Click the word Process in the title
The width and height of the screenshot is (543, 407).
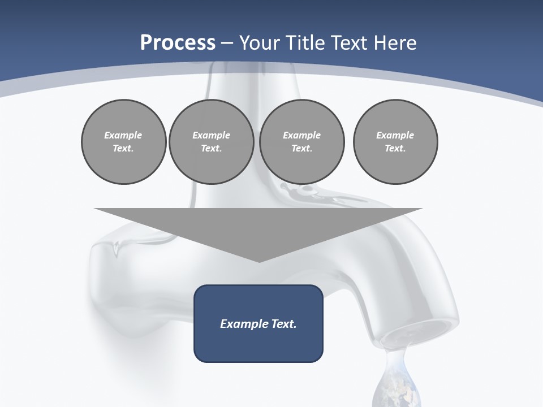178,42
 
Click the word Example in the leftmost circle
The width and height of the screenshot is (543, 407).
123,135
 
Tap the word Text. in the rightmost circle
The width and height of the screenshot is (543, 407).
395,148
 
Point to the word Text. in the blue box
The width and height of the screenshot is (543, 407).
283,324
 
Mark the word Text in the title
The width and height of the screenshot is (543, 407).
348,42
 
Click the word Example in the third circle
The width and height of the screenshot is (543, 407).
301,135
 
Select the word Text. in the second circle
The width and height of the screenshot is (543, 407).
211,148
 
